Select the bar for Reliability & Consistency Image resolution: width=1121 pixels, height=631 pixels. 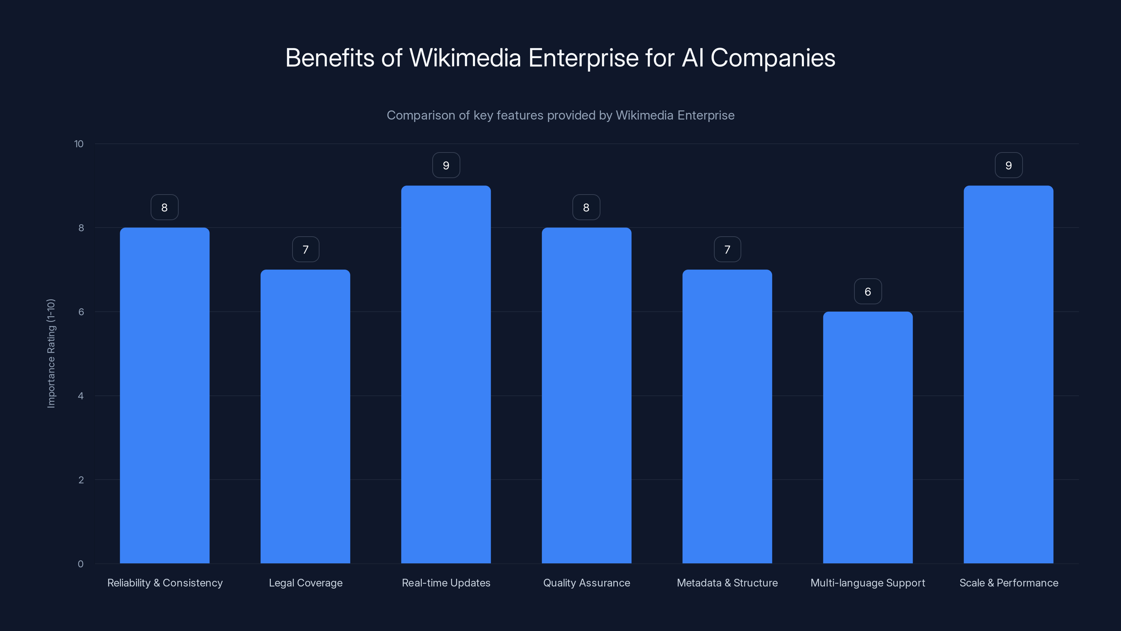[165, 395]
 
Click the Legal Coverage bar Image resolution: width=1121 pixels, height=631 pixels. [305, 416]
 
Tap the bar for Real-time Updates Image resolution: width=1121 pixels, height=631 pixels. [446, 374]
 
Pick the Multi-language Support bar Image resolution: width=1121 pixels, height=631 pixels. [868, 437]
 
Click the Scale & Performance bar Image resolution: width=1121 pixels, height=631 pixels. [1008, 374]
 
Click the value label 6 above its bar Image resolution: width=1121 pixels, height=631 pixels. [868, 291]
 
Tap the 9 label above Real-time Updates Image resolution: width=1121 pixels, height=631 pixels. [446, 165]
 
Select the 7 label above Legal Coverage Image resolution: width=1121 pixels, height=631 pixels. [305, 249]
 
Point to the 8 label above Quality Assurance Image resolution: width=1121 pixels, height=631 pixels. [586, 207]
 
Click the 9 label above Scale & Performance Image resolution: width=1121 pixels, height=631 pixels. [1008, 165]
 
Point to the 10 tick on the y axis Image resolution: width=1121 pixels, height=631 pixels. [79, 144]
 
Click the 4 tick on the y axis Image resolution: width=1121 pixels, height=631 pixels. [81, 396]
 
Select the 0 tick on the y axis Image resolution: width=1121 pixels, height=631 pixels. [81, 564]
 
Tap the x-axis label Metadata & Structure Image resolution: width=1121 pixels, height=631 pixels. [727, 583]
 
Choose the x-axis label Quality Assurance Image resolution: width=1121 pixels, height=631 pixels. [586, 583]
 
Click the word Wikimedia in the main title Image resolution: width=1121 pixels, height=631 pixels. [465, 58]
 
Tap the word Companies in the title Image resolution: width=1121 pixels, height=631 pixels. [772, 58]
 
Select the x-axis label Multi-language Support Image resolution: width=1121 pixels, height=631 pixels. [867, 583]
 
